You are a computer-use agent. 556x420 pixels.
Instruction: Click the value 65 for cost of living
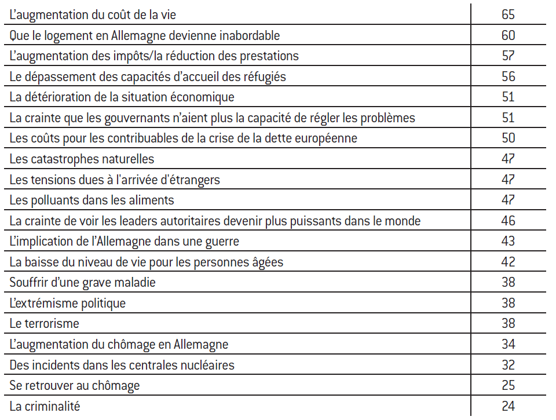[508, 15]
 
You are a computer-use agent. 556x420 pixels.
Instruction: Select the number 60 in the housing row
[508, 35]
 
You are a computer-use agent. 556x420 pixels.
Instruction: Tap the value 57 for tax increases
[508, 56]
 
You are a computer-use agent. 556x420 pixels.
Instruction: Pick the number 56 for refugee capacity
[508, 76]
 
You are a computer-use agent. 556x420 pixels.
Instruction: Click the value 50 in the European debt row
[508, 138]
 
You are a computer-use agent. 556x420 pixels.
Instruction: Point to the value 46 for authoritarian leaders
[508, 221]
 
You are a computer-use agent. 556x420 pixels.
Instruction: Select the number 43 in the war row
[508, 242]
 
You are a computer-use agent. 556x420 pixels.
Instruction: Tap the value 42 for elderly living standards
[508, 262]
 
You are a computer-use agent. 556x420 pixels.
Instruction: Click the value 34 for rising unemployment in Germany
[508, 345]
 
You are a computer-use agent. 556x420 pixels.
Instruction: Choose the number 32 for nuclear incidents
[508, 365]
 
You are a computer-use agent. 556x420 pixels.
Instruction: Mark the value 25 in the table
[508, 386]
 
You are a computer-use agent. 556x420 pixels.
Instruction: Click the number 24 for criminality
[508, 406]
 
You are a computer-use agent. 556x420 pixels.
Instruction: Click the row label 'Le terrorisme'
[44, 324]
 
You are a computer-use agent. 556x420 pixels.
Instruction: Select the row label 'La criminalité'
[45, 406]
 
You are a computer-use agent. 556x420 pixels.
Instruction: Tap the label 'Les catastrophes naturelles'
[82, 159]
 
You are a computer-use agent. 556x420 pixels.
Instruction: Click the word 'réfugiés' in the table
[265, 76]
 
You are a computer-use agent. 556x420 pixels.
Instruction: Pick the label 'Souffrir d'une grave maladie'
[82, 283]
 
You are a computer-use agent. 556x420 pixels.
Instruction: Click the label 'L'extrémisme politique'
[67, 303]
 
